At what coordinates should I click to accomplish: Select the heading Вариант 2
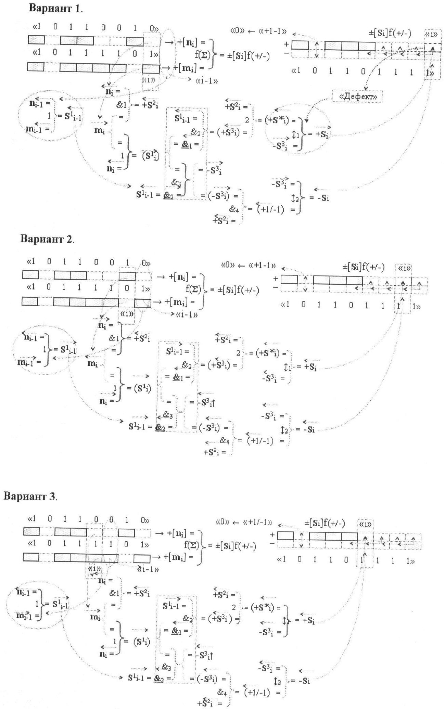(47, 238)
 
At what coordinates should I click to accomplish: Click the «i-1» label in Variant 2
(187, 315)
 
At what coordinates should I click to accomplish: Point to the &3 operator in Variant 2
(167, 415)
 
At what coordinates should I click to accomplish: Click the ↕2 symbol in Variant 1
(294, 198)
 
